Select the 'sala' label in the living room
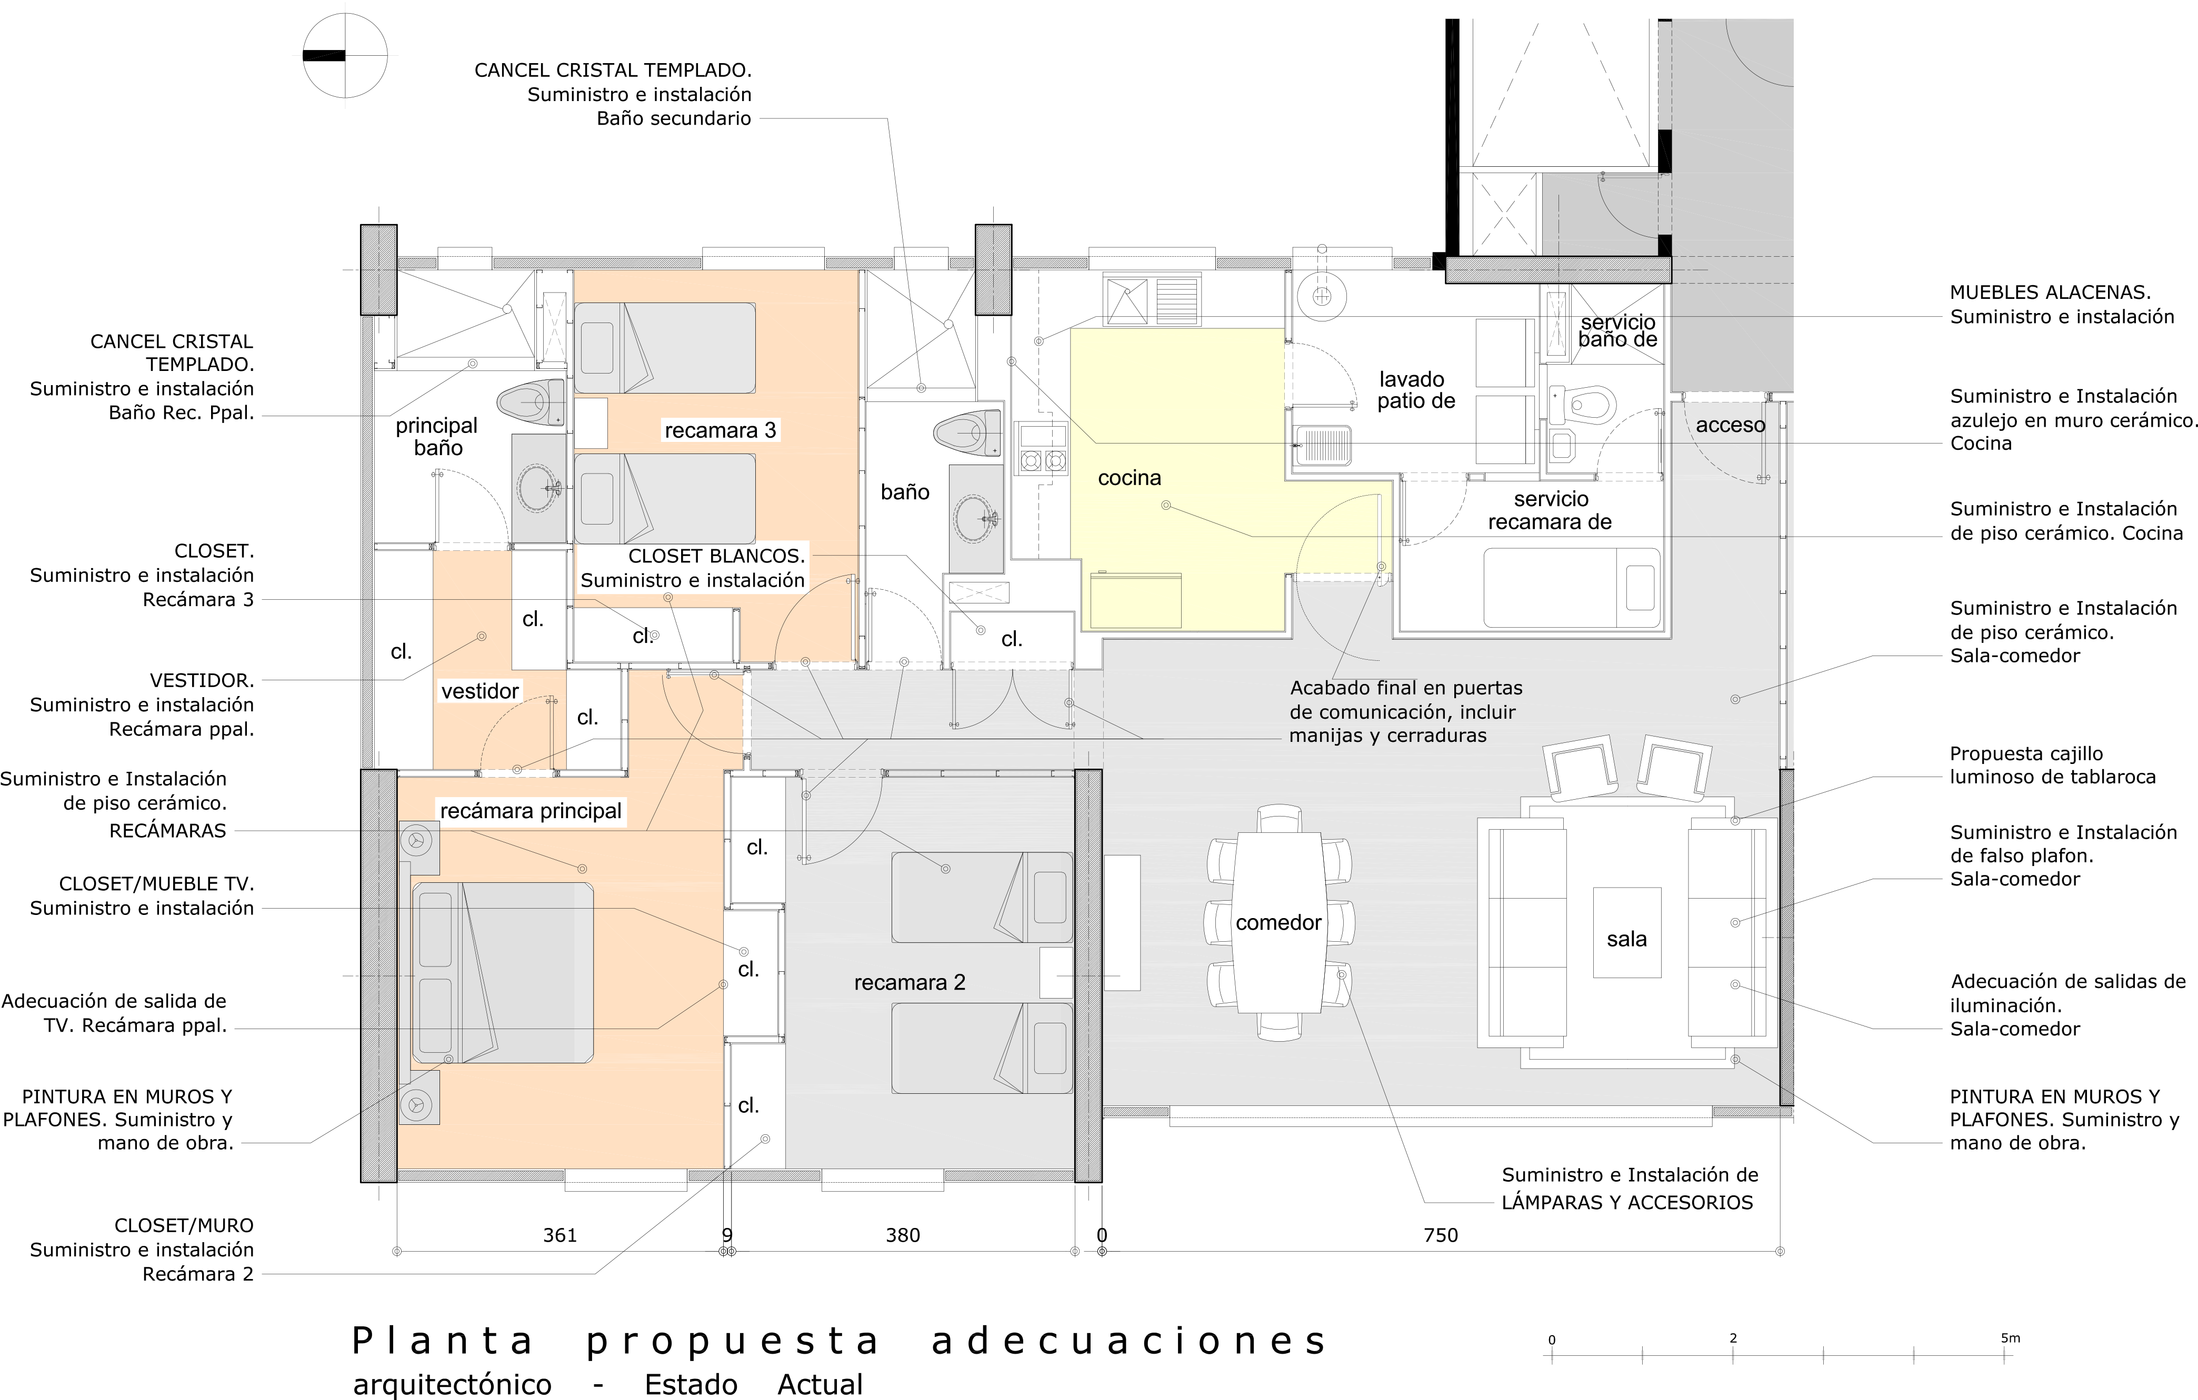(1626, 939)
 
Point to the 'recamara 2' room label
(909, 982)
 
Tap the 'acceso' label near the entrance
(1731, 425)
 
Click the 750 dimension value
(1441, 1235)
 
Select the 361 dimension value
(560, 1235)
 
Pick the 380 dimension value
(903, 1235)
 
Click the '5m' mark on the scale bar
(2010, 1338)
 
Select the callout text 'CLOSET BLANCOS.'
(716, 556)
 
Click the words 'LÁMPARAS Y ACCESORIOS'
(1627, 1203)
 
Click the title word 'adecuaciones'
(1129, 1341)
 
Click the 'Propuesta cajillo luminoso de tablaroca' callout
(2053, 766)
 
